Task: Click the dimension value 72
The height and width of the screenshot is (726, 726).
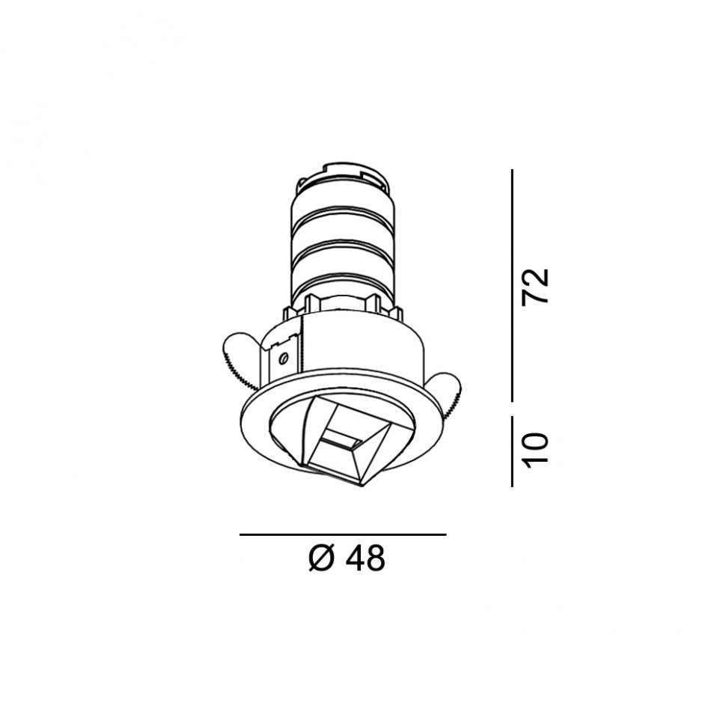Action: [535, 286]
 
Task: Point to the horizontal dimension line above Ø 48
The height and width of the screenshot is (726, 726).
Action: [343, 535]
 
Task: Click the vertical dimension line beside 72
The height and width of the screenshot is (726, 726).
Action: [512, 285]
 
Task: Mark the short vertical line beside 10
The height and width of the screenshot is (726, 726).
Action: [512, 451]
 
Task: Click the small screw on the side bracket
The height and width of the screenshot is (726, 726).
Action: [284, 357]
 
